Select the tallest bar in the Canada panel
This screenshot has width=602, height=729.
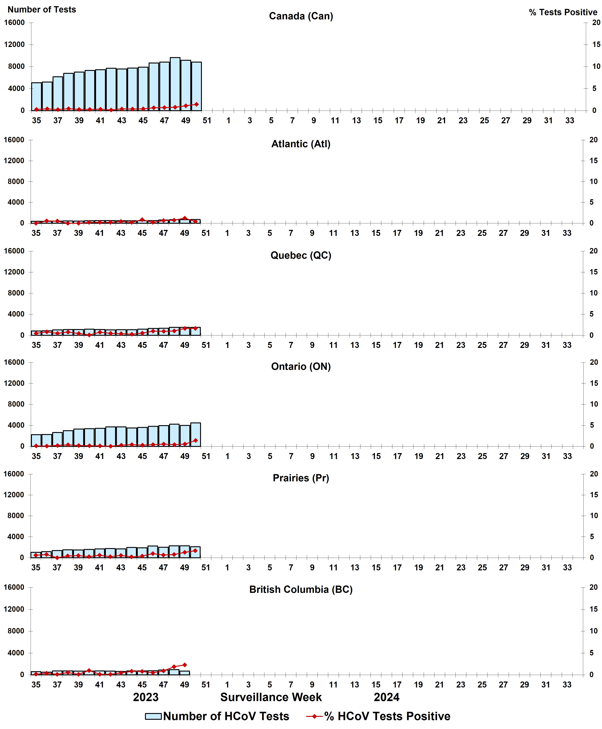point(175,84)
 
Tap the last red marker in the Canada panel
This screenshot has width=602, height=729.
point(197,104)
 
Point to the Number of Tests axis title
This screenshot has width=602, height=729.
point(42,9)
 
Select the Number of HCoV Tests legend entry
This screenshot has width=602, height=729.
point(217,716)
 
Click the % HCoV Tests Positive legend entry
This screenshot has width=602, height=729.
point(379,716)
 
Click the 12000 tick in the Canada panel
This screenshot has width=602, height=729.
point(14,44)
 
